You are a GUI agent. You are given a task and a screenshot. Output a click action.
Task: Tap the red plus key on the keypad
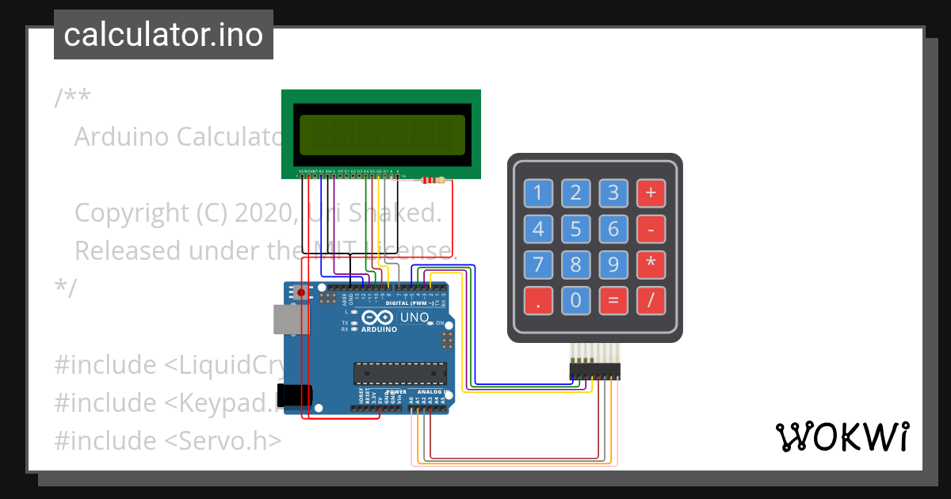[651, 192]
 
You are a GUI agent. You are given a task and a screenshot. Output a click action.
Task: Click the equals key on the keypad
[613, 300]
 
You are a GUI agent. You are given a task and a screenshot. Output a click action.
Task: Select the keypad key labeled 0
[575, 300]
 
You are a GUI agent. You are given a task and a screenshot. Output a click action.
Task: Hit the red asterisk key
[651, 265]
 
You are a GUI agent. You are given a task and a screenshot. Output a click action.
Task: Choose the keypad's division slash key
[651, 300]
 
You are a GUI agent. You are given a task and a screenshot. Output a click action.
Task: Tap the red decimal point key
[538, 300]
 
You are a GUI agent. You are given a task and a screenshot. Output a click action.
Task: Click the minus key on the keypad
[651, 229]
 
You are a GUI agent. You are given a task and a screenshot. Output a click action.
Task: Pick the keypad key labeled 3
[613, 192]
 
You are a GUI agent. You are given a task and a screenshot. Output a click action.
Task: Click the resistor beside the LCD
[431, 181]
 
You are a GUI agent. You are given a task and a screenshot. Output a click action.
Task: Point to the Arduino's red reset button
[301, 292]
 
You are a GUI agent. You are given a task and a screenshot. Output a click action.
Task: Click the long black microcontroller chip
[399, 373]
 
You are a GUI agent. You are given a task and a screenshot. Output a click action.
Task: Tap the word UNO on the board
[414, 318]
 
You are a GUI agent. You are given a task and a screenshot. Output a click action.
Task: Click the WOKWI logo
[842, 436]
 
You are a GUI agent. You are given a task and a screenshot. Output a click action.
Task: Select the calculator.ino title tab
[163, 35]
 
